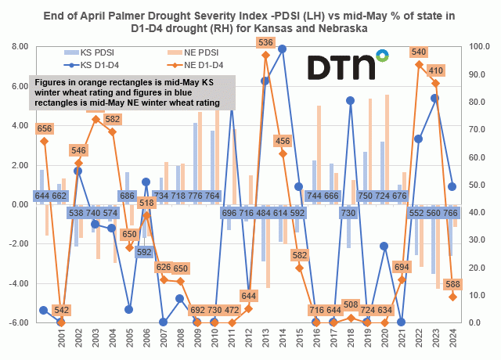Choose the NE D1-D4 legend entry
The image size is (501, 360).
[x=204, y=64]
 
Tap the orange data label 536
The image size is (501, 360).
[x=265, y=42]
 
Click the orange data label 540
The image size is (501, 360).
[x=419, y=52]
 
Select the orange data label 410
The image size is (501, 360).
[x=435, y=70]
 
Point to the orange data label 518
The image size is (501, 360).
[x=146, y=203]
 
